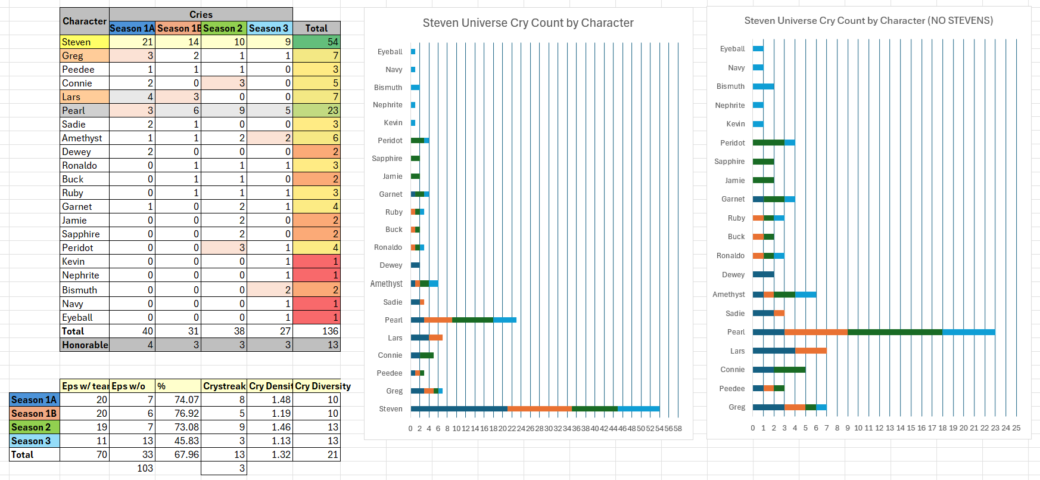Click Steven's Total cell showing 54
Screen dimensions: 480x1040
tap(316, 42)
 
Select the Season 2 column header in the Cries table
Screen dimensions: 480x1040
tap(223, 28)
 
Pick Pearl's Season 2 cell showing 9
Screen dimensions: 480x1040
tap(223, 110)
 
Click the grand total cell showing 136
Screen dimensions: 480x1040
tap(316, 331)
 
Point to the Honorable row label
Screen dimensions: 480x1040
tap(84, 345)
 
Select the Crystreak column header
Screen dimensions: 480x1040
tap(224, 386)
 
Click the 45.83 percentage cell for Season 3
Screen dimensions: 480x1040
tap(178, 441)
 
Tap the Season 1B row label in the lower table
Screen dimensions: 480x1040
tap(35, 413)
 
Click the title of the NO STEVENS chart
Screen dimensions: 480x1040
tap(868, 21)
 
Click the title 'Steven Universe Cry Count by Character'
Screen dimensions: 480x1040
tap(528, 23)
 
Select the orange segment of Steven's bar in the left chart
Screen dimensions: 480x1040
tap(539, 408)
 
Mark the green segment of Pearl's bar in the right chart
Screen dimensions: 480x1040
tap(895, 332)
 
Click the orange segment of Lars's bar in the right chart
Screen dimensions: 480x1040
tap(810, 351)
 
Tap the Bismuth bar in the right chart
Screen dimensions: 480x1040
tap(763, 86)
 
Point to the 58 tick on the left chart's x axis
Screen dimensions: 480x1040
tap(677, 429)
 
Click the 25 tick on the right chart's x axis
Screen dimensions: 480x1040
tap(1016, 428)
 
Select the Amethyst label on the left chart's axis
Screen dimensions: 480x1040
tap(386, 284)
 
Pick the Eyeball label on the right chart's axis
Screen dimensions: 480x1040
tap(732, 49)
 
